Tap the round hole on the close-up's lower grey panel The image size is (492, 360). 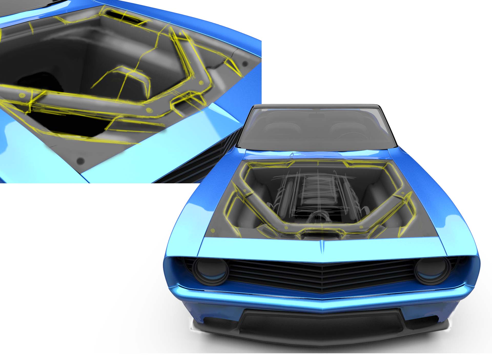81,161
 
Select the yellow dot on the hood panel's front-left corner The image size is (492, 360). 212,231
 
